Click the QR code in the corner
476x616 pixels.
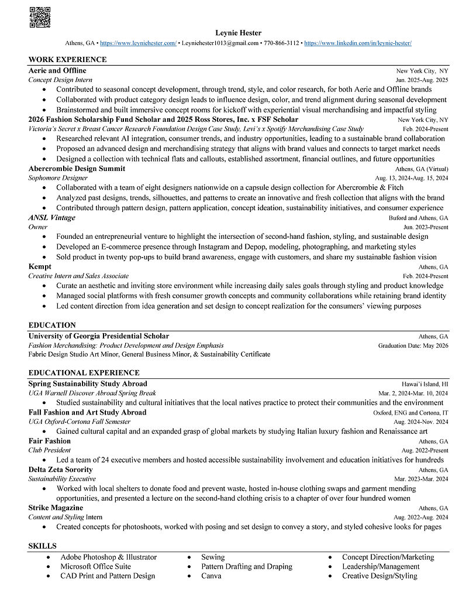(39, 17)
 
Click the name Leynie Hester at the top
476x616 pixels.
(238, 33)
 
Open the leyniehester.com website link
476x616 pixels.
(138, 43)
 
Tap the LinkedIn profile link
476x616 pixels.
(358, 43)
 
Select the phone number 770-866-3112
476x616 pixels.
(281, 43)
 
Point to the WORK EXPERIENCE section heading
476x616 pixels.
(67, 60)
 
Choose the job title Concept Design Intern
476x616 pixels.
(60, 80)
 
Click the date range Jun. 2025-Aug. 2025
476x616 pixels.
(422, 80)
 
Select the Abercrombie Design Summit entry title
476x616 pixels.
(77, 169)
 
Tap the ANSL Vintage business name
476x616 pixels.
(51, 218)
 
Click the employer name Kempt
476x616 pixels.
(40, 267)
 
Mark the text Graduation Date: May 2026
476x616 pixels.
(413, 345)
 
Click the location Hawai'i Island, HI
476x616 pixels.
(425, 384)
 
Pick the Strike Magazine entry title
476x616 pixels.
(56, 508)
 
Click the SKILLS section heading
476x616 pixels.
(43, 546)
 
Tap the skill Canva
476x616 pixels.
(211, 576)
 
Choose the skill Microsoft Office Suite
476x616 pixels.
(95, 566)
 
